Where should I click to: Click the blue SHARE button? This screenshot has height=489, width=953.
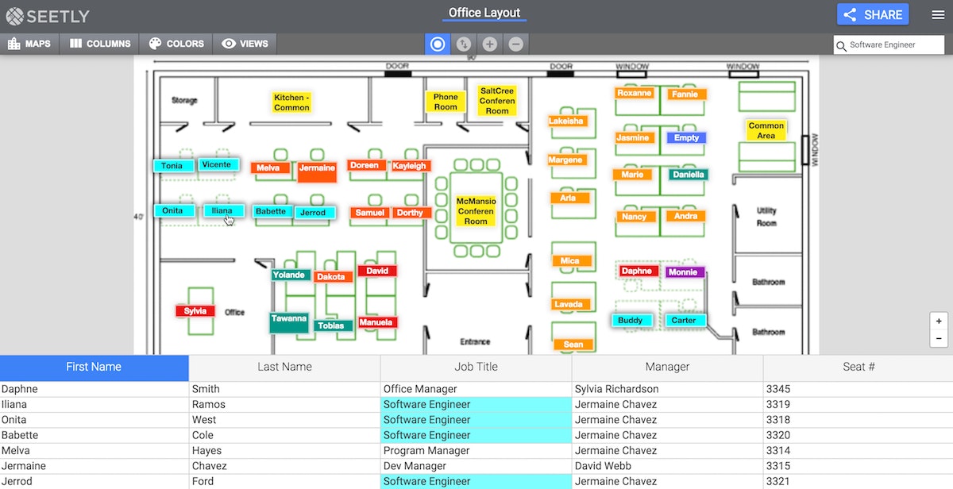[x=872, y=14]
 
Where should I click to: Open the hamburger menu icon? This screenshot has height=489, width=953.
[x=938, y=14]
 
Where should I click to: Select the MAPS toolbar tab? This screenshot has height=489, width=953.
[x=29, y=44]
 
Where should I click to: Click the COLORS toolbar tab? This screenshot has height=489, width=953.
[x=176, y=44]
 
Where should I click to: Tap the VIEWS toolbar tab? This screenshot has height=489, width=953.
[x=245, y=44]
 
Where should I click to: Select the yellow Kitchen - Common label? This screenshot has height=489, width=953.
[x=291, y=102]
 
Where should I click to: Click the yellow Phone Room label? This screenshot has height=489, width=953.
[x=446, y=102]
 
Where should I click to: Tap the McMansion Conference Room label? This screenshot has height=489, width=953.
[x=476, y=211]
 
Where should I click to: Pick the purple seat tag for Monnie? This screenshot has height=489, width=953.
[x=683, y=272]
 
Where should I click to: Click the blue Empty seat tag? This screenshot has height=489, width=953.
[x=686, y=138]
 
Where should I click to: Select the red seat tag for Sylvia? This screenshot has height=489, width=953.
[x=195, y=311]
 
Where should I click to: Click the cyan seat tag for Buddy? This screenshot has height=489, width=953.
[x=631, y=321]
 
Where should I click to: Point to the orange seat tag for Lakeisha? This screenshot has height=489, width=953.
[x=566, y=121]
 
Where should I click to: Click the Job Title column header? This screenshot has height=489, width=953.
[x=476, y=367]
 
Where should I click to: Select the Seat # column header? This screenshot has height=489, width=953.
[x=858, y=367]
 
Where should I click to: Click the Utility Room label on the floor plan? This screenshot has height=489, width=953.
[x=766, y=217]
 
